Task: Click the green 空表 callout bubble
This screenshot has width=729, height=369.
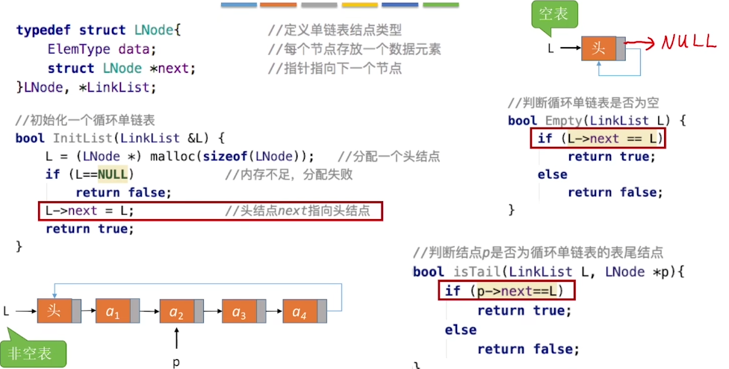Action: (x=554, y=15)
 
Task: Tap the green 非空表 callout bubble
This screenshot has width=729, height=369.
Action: (x=33, y=353)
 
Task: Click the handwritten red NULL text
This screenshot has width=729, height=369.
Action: (x=689, y=42)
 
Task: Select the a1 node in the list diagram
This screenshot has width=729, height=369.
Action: (x=117, y=311)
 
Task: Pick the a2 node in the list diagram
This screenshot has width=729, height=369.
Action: (x=182, y=311)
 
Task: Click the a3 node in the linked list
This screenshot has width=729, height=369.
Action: (x=243, y=311)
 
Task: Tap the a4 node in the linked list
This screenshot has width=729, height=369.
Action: (x=305, y=311)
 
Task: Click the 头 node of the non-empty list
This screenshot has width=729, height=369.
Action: (x=59, y=311)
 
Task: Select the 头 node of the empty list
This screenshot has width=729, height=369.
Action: (x=603, y=48)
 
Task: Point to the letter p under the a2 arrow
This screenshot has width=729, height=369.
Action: (x=176, y=362)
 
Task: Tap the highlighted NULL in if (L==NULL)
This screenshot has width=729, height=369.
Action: (x=113, y=174)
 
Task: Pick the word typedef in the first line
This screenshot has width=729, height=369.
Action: (x=43, y=30)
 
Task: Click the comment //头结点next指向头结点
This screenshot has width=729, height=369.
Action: (x=297, y=211)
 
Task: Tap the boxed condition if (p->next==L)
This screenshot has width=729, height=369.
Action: (x=506, y=291)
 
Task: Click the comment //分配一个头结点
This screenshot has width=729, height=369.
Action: (x=388, y=157)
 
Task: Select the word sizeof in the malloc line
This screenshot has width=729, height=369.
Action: (x=226, y=157)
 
